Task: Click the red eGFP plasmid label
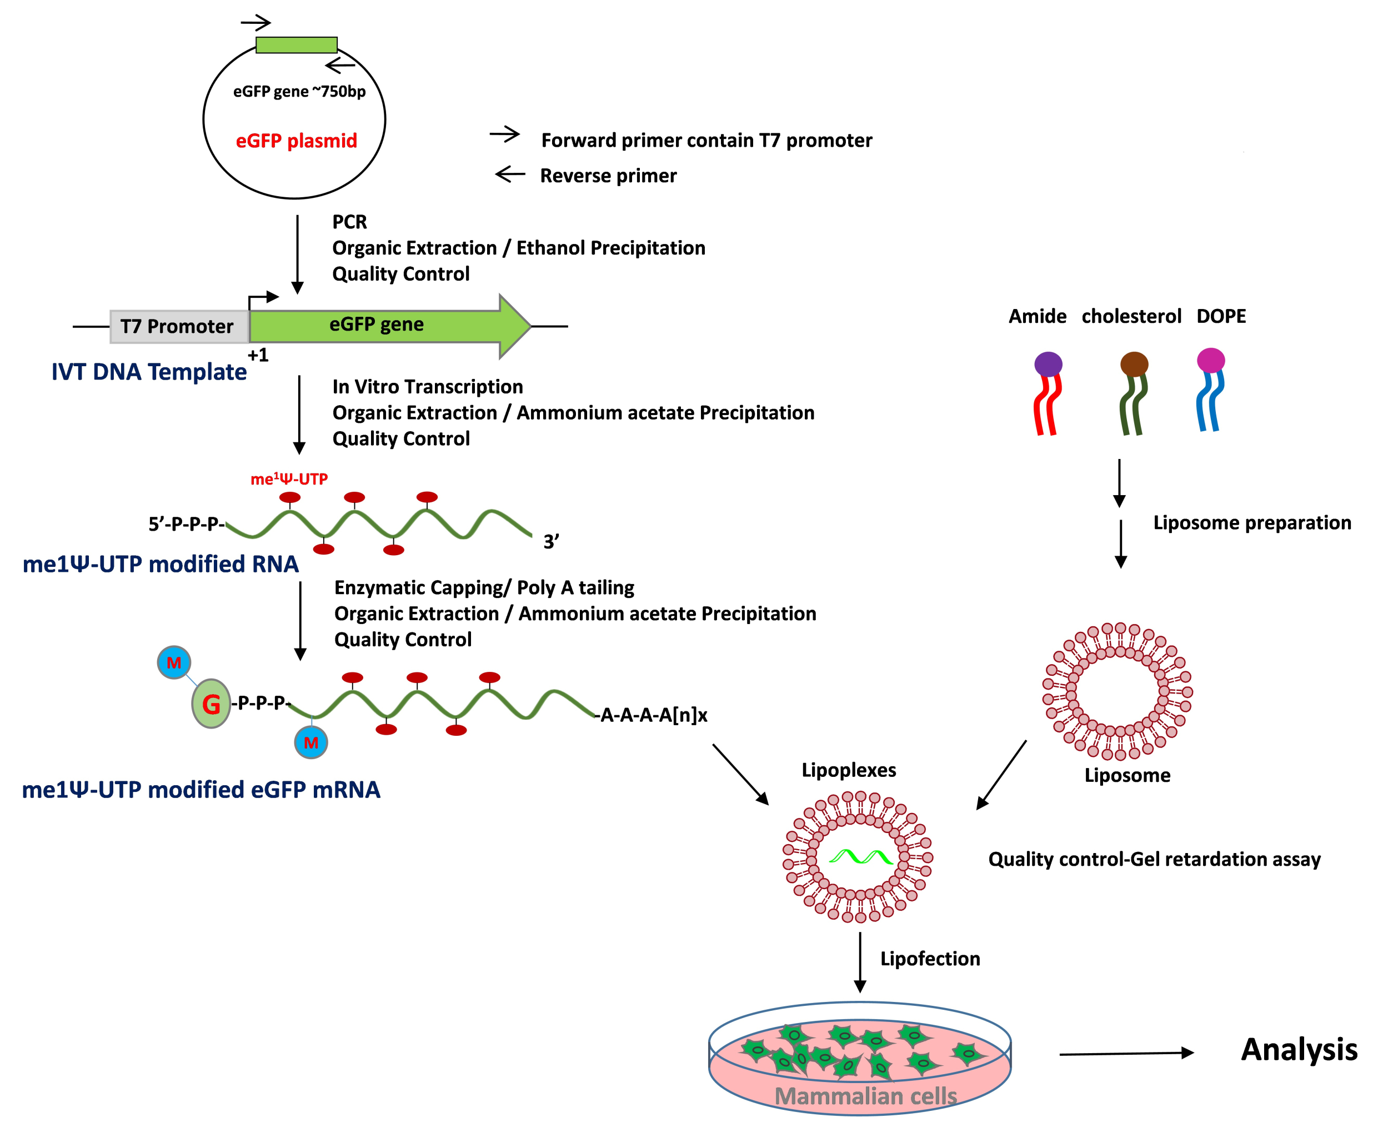(296, 141)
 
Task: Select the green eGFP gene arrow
(386, 326)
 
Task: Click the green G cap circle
(211, 704)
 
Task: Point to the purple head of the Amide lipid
(1048, 364)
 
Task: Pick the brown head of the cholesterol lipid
(1134, 363)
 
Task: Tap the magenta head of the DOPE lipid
(1210, 360)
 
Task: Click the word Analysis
(1299, 1050)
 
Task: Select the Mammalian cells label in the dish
(865, 1096)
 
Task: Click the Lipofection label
(930, 959)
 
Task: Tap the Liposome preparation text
(1251, 522)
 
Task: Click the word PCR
(349, 222)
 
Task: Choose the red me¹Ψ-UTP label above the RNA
(289, 479)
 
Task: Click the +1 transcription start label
(258, 355)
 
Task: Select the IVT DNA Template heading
(149, 371)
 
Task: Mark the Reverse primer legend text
(608, 176)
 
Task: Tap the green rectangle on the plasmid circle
(297, 44)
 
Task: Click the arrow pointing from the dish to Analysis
(1126, 1053)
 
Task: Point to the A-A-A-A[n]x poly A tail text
(653, 715)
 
